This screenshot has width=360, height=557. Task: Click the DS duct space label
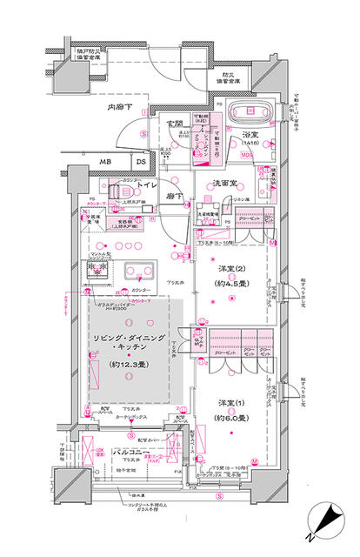point(139,162)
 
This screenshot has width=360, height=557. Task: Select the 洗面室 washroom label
point(229,185)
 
